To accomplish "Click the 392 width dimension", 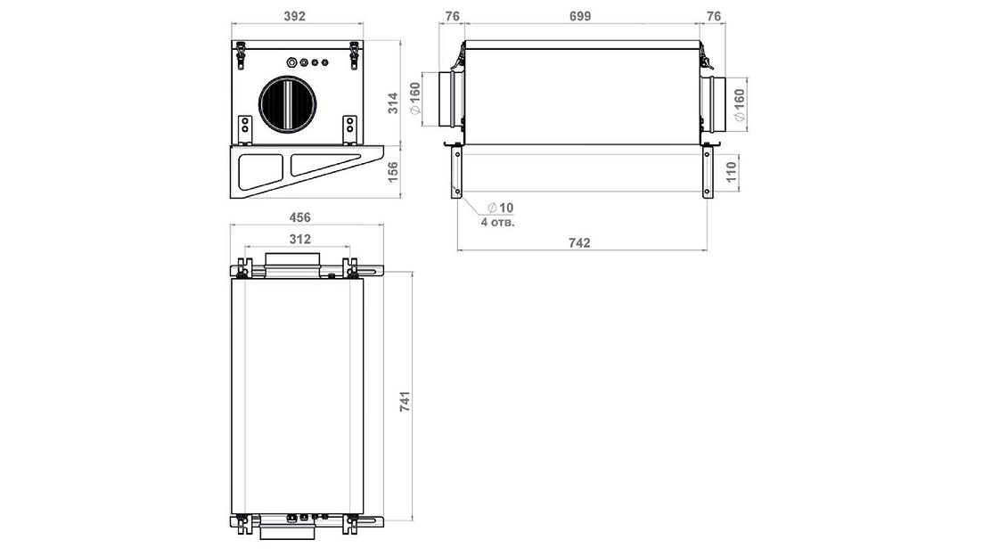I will [x=296, y=16].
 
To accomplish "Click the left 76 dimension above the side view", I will [x=452, y=16].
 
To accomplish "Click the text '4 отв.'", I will [x=498, y=222].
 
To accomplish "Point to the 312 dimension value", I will [x=299, y=239].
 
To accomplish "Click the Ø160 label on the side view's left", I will [x=415, y=98].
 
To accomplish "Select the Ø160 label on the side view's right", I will [x=739, y=105].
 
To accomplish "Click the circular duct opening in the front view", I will [x=287, y=104].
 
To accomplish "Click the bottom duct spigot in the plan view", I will [x=286, y=532].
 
